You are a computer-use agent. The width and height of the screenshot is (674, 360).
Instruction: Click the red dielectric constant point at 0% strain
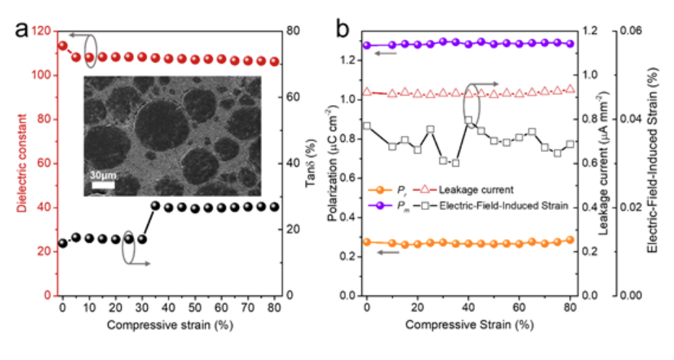pos(63,46)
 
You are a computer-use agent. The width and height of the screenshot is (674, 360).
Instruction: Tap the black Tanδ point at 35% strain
pos(155,206)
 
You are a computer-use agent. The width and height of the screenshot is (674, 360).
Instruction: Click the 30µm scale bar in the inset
pos(103,185)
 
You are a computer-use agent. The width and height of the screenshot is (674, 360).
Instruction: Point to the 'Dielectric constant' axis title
pos(22,163)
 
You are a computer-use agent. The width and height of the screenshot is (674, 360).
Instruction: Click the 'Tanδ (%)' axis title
pos(311,163)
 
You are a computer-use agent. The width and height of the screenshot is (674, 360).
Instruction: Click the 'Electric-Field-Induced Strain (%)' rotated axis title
pos(652,160)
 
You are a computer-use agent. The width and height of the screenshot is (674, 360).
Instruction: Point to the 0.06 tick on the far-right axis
pos(631,30)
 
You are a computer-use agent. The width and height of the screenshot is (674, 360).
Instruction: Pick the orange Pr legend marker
pos(380,190)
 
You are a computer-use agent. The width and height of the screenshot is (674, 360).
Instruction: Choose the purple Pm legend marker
pos(380,206)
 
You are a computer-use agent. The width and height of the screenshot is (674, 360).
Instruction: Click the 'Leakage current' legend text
pos(476,190)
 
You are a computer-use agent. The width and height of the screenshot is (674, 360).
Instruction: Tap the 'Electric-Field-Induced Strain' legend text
pos(504,206)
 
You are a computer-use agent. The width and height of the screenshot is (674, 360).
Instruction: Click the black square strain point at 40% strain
pos(468,120)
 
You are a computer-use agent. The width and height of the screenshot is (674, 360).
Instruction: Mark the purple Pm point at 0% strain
pos(366,45)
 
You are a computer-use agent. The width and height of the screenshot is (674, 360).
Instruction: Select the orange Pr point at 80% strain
pos(570,240)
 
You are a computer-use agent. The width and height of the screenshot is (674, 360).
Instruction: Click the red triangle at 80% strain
pos(570,88)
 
